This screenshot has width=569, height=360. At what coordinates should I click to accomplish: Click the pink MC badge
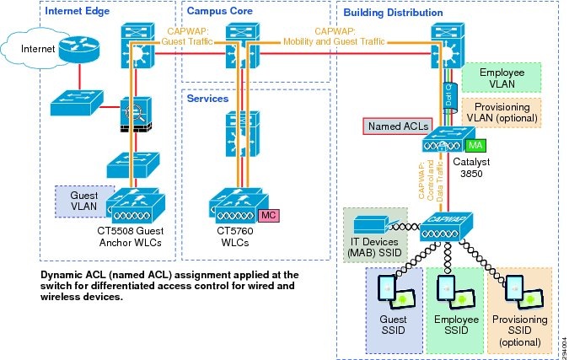point(269,215)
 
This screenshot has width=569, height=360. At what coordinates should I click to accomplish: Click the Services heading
point(209,98)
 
